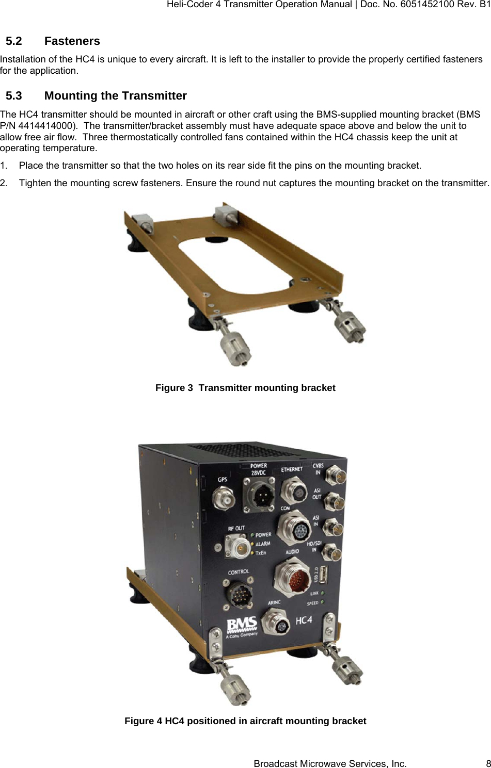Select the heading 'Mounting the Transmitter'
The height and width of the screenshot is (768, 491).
point(115,96)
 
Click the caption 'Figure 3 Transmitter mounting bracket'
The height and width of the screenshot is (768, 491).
point(245,388)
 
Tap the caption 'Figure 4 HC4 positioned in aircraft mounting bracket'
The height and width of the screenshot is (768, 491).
point(245,721)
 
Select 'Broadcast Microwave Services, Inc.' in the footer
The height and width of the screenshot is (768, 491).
point(330,763)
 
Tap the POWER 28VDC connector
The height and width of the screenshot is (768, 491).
point(258,495)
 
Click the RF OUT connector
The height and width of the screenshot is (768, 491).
point(235,546)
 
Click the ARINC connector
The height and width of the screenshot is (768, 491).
point(275,621)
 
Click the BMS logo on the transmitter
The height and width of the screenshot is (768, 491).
point(242,626)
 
